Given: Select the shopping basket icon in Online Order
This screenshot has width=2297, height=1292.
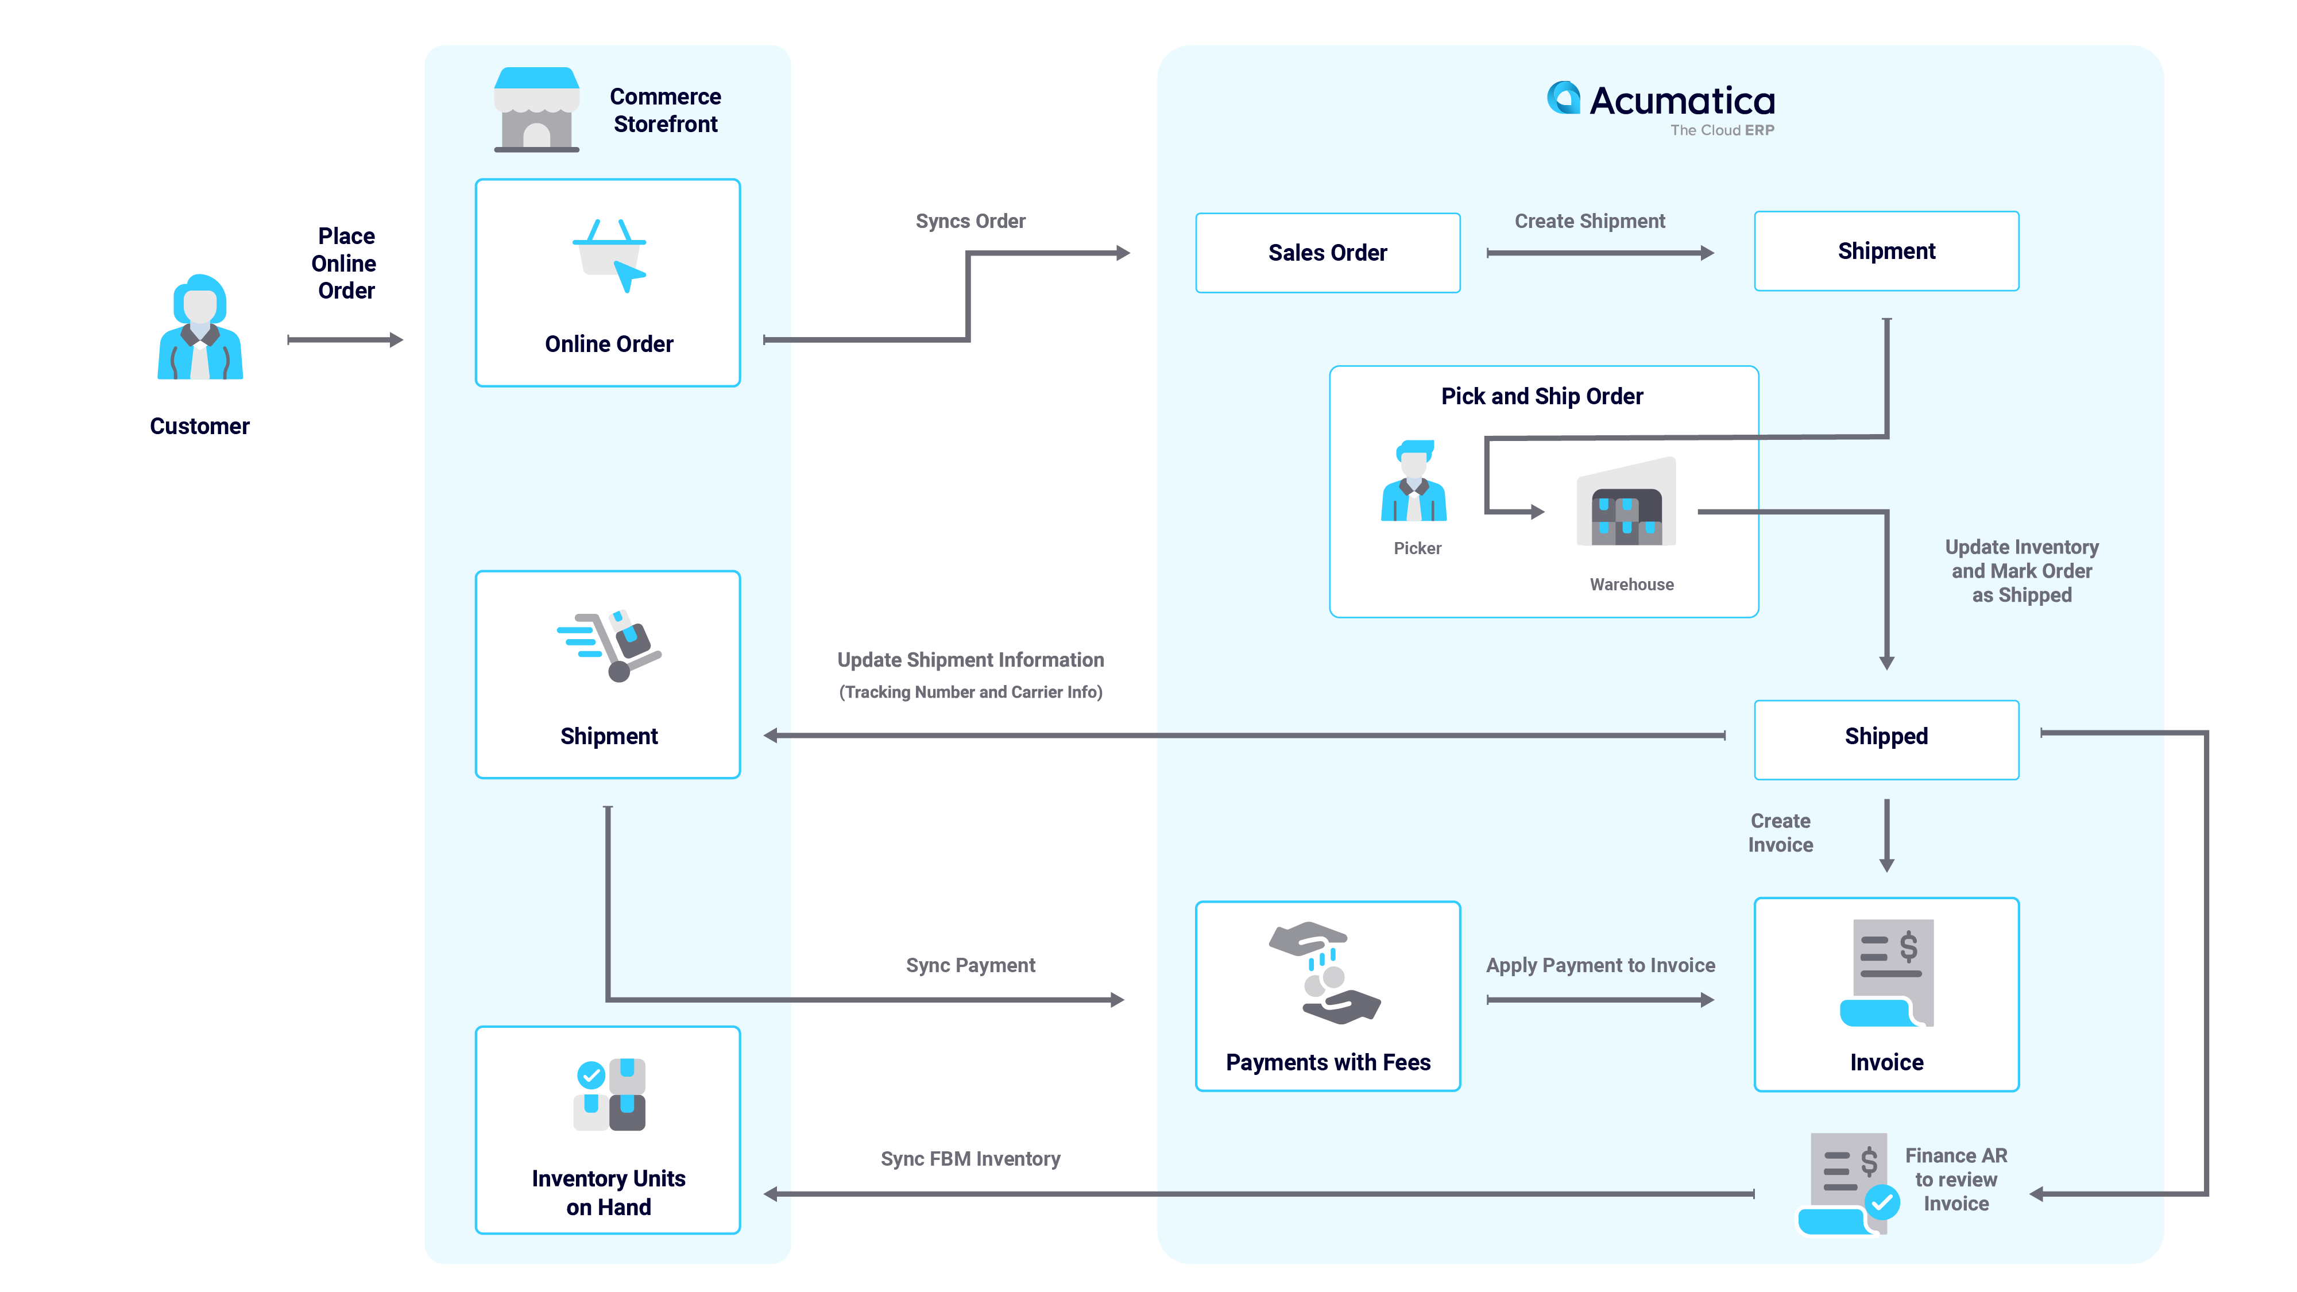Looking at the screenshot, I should point(609,254).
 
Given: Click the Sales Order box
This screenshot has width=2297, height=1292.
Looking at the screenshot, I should point(1327,252).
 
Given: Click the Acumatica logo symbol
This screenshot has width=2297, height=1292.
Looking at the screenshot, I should point(1563,99).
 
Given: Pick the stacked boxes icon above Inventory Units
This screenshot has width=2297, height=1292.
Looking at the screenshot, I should point(609,1095).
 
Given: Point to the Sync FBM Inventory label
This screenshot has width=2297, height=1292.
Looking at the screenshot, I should point(970,1158).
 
